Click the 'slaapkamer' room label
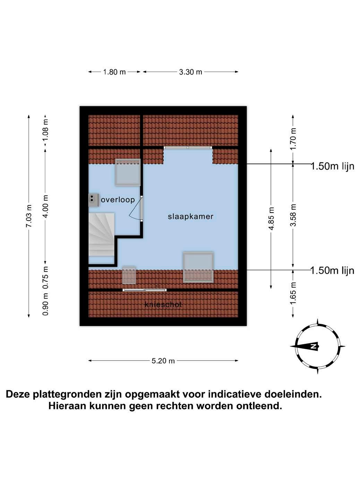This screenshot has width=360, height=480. [x=190, y=216]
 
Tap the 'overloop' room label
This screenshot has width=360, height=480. [x=118, y=200]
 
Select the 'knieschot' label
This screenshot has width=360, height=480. [x=163, y=305]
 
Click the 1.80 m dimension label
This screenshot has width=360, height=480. [x=114, y=72]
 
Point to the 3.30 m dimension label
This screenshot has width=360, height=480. [x=191, y=72]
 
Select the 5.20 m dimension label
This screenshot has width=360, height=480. [x=163, y=361]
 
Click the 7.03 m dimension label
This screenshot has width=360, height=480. [x=29, y=216]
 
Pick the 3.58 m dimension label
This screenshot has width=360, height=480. [x=293, y=215]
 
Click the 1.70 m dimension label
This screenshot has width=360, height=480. [x=293, y=139]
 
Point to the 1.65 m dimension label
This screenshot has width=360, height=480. [x=293, y=293]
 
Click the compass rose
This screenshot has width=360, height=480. [x=317, y=346]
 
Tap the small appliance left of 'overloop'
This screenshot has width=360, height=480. [x=93, y=200]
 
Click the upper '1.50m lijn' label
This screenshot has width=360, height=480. [x=332, y=166]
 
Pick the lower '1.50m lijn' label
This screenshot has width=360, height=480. [x=332, y=271]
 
